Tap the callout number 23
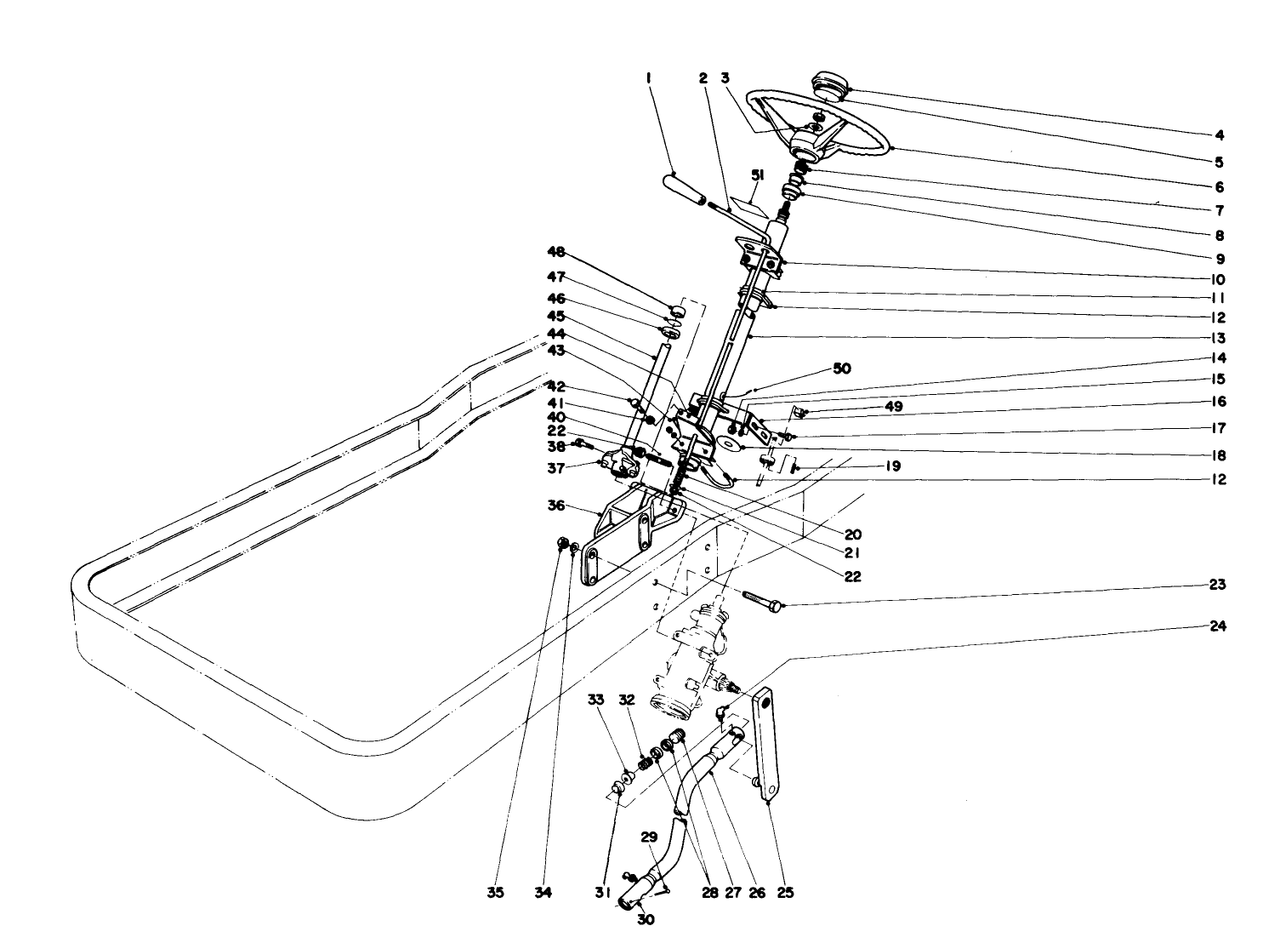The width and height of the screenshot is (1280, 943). pyautogui.click(x=1217, y=585)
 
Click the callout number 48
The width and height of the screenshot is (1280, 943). pyautogui.click(x=555, y=253)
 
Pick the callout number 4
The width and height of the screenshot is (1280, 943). pyautogui.click(x=1219, y=134)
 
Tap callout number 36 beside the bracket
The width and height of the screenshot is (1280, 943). pyautogui.click(x=555, y=505)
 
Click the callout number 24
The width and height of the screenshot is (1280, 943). pyautogui.click(x=1217, y=626)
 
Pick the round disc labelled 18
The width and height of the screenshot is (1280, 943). pyautogui.click(x=728, y=444)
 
